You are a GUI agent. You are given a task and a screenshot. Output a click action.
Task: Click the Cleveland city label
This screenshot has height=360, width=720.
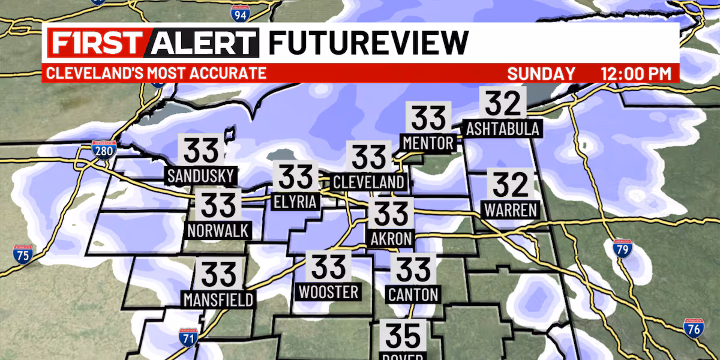pos(369,182)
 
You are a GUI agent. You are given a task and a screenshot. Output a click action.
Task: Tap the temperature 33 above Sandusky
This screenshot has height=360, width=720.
pos(201,151)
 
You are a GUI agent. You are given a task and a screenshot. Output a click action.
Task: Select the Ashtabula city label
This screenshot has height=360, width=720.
pos(503,128)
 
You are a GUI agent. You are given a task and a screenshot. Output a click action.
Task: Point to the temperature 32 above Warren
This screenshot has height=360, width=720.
pos(511,185)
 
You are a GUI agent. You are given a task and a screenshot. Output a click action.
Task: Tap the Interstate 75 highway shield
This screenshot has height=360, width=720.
pos(23,253)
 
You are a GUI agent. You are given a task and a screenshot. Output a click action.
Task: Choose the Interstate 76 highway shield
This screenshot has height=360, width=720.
pos(694,328)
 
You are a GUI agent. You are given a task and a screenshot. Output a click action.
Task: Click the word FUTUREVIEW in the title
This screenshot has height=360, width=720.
pos(368,43)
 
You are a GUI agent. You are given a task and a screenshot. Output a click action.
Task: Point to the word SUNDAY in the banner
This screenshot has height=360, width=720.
pos(541,74)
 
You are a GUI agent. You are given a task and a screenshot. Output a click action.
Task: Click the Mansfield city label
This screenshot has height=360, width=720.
pos(219,299)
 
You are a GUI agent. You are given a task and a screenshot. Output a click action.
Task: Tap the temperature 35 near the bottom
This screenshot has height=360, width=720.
pos(402,336)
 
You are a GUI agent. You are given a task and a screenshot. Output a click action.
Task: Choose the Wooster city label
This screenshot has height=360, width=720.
pos(328,292)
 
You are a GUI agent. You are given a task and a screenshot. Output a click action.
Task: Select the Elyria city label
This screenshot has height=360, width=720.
pos(295,202)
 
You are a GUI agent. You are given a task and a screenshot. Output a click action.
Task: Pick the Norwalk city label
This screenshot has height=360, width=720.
pos(217,230)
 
